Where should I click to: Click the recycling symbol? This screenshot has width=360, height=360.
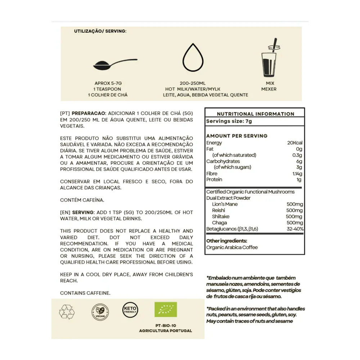(x=67, y=310)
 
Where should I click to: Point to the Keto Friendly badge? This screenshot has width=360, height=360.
(x=130, y=309)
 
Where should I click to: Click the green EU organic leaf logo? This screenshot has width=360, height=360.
(x=166, y=310)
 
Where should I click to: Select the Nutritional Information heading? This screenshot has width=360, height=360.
(x=255, y=114)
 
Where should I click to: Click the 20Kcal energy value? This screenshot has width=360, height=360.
(x=295, y=143)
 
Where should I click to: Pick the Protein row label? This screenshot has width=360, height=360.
(x=214, y=180)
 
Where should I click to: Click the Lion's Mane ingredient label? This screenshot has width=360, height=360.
(x=225, y=204)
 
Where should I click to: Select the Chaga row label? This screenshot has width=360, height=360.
(x=219, y=223)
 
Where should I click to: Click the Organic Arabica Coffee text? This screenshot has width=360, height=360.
(x=232, y=247)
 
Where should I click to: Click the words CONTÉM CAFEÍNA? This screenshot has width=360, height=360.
(x=79, y=199)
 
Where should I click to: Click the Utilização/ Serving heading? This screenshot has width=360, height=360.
(x=100, y=31)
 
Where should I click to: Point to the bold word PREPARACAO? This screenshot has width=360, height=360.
(x=89, y=113)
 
